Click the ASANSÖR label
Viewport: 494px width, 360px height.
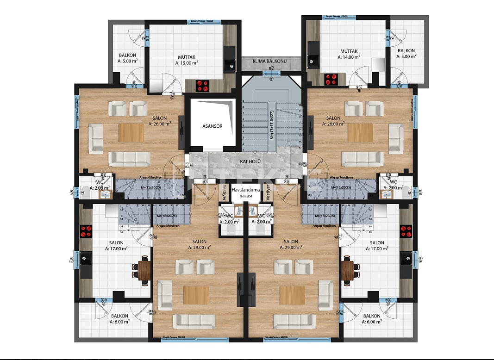point(213,125)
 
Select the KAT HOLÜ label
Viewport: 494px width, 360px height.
point(250,161)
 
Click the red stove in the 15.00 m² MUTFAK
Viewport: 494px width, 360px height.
point(202,86)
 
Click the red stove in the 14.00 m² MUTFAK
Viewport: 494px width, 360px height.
point(331,79)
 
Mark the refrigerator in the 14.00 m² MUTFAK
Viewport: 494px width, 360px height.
point(378,64)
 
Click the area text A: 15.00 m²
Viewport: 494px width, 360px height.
point(187,62)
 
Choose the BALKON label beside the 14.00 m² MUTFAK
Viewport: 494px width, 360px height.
point(406,50)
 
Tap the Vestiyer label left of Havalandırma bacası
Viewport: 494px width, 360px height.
point(224,191)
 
